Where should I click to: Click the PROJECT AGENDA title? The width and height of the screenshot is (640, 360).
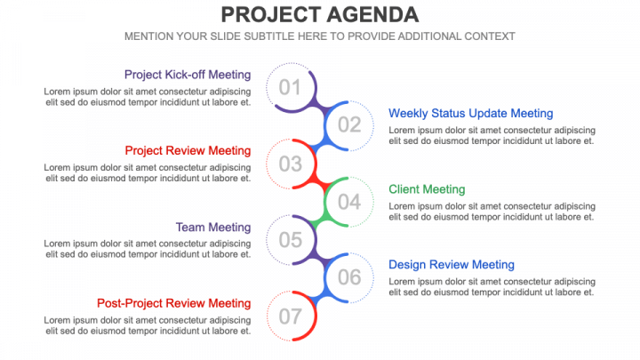[x=320, y=15]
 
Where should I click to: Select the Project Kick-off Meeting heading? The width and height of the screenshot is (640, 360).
[x=188, y=75]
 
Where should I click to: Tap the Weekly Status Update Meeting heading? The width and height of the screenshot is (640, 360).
[x=470, y=114]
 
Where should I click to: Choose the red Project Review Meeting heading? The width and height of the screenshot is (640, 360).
[x=188, y=150]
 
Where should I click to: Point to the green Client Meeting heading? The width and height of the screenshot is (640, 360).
[x=427, y=189]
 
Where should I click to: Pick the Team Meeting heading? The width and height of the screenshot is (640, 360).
[x=213, y=228]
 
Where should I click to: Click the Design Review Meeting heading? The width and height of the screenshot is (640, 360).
[x=452, y=265]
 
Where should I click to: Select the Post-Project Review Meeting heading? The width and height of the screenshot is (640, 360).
[x=174, y=303]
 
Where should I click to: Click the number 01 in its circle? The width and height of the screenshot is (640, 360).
[x=290, y=87]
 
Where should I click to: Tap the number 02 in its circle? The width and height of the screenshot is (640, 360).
[x=349, y=125]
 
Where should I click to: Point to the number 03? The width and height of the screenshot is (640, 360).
[x=290, y=164]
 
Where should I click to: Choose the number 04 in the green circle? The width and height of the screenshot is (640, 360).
[x=349, y=202]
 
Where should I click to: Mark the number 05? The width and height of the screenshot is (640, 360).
[x=290, y=240]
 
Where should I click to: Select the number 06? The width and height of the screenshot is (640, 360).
[x=349, y=277]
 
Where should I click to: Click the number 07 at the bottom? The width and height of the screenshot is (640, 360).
[x=290, y=316]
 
